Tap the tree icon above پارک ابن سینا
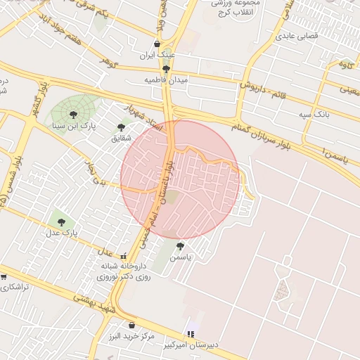[73, 115]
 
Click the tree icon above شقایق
[121, 127]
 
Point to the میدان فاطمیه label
[167, 80]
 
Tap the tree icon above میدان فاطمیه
[166, 69]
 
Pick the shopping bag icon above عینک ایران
[157, 44]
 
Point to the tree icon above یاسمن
[181, 246]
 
